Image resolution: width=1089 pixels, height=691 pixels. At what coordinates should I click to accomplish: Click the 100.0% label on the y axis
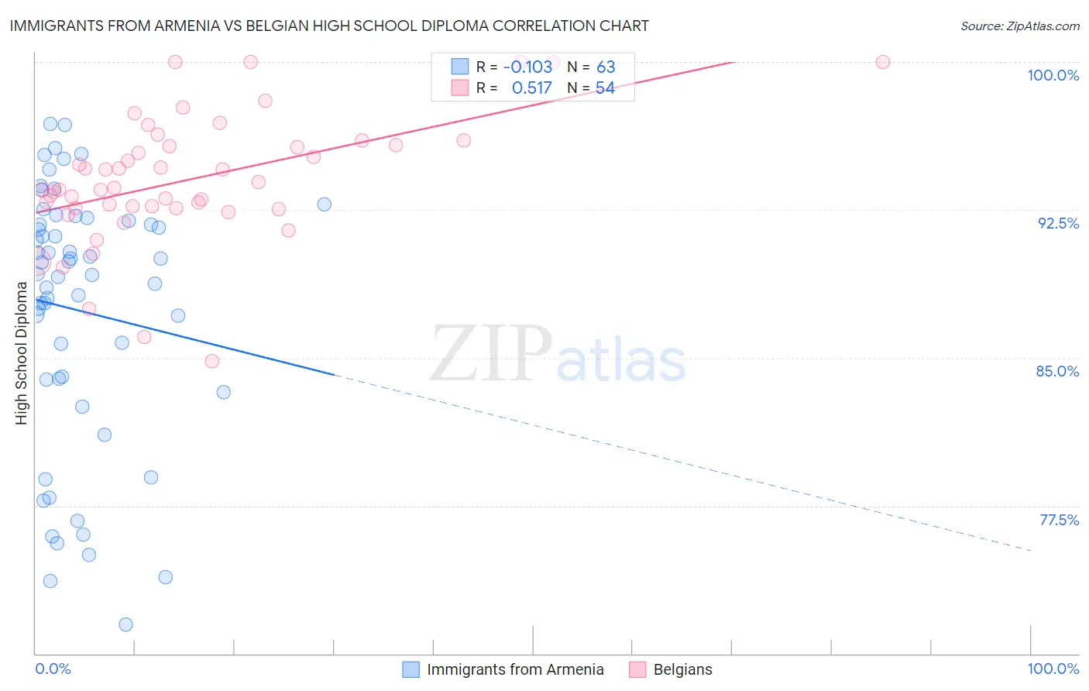pyautogui.click(x=1053, y=75)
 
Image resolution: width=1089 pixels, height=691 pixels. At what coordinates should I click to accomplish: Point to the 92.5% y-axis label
pyautogui.click(x=1058, y=223)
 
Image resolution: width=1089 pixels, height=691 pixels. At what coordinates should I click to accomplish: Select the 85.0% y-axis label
pyautogui.click(x=1057, y=371)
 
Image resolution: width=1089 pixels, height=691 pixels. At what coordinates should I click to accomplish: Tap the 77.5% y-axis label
pyautogui.click(x=1059, y=520)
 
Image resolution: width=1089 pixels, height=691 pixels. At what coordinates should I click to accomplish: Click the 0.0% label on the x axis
pyautogui.click(x=53, y=669)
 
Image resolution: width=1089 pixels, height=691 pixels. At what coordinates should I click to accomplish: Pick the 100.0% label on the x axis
pyautogui.click(x=1053, y=669)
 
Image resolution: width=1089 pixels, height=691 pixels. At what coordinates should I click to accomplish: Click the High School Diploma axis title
pyautogui.click(x=22, y=353)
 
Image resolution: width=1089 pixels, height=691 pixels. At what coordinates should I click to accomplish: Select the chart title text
pyautogui.click(x=329, y=26)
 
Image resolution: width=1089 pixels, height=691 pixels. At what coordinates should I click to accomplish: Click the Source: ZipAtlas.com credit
pyautogui.click(x=1019, y=26)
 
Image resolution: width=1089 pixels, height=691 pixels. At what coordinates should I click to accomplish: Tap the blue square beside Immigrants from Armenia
pyautogui.click(x=411, y=669)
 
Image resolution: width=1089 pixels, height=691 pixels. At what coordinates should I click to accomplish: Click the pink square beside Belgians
pyautogui.click(x=637, y=669)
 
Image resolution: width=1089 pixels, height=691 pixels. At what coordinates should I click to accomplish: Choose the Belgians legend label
pyautogui.click(x=682, y=669)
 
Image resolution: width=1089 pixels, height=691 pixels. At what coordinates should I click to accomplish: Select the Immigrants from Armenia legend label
pyautogui.click(x=515, y=669)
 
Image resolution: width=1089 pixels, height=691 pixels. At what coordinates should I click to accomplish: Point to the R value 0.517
pyautogui.click(x=532, y=88)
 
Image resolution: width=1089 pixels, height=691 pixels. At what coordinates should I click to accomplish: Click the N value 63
pyautogui.click(x=606, y=67)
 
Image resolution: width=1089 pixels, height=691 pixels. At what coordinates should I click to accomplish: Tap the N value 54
pyautogui.click(x=605, y=88)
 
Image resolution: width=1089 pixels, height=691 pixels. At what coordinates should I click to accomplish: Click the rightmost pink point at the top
pyautogui.click(x=882, y=62)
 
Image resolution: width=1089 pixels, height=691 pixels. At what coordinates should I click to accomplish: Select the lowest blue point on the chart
pyautogui.click(x=125, y=624)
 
